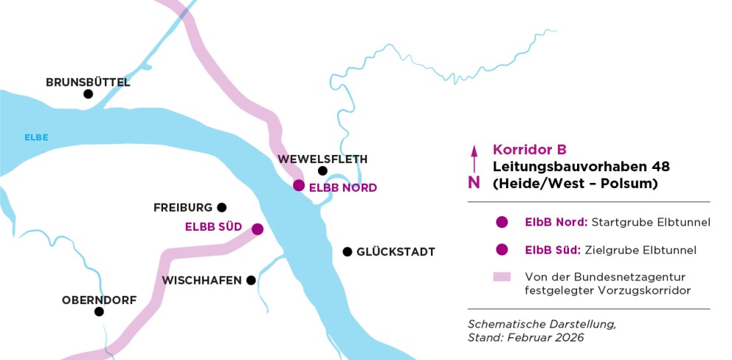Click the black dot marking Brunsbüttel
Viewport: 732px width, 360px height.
[88, 94]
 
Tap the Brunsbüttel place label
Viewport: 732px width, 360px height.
[88, 82]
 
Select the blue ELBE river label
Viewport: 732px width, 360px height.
[36, 137]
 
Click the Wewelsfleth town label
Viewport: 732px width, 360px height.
[322, 159]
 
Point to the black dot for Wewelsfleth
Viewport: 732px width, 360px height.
[322, 171]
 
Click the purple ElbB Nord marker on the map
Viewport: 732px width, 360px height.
[299, 185]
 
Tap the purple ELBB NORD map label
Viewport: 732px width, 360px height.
[342, 188]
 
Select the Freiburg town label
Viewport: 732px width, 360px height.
[183, 207]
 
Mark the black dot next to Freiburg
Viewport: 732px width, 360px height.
[221, 207]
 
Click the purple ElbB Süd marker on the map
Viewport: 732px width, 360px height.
[258, 229]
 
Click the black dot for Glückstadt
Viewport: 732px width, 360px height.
[347, 252]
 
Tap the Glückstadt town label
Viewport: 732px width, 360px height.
[396, 252]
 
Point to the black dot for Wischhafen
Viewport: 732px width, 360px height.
[251, 280]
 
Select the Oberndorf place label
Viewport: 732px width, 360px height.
[99, 300]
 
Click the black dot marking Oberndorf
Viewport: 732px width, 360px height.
[99, 312]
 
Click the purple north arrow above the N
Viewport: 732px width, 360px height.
[474, 159]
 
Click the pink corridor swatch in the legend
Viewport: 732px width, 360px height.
[503, 277]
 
